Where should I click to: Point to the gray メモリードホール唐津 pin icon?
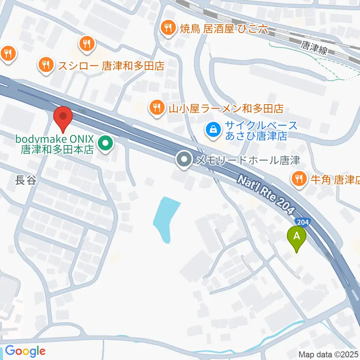tap(184, 160)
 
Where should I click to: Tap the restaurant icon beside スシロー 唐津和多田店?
tap(46, 66)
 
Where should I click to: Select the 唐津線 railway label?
tap(313, 48)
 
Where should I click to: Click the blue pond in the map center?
tap(166, 217)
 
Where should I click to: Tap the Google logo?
tap(25, 351)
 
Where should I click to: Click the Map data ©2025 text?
tap(328, 354)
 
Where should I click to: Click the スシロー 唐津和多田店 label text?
tap(111, 66)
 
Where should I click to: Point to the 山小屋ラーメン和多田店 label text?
tap(226, 109)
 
